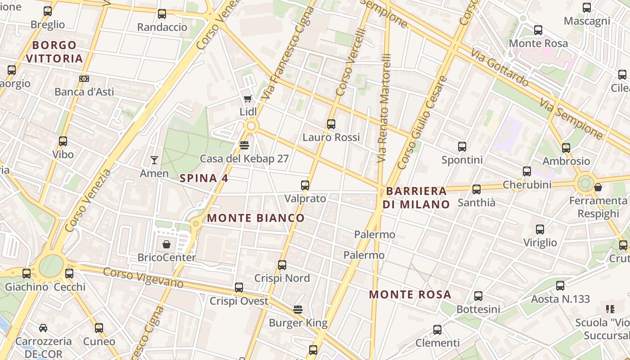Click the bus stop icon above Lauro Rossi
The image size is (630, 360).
point(331,124)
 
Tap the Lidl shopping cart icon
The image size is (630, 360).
point(247,99)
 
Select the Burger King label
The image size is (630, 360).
point(298,323)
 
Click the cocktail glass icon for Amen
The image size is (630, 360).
point(154,160)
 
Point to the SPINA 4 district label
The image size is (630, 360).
point(204,178)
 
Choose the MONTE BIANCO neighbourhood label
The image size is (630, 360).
point(256,218)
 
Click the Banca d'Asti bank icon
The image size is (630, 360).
point(84,79)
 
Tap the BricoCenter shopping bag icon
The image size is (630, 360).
point(166,244)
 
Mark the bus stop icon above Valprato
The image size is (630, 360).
point(305,185)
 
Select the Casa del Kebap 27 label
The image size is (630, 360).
point(244,158)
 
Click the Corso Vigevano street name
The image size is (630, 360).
point(143,278)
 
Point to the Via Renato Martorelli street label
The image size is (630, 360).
point(384,108)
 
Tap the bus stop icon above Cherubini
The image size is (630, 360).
point(527,171)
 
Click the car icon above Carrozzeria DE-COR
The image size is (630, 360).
point(43,328)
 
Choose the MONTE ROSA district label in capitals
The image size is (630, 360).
point(410,295)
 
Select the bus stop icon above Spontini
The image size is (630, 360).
point(462,147)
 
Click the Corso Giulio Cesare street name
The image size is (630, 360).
point(423,122)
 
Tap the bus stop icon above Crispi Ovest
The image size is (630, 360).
point(239,288)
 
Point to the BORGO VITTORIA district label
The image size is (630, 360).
point(54,52)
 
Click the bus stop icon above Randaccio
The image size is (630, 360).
point(162,14)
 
